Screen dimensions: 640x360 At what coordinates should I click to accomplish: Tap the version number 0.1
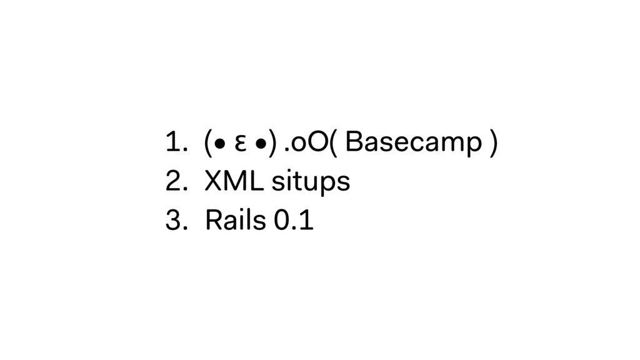coord(293,220)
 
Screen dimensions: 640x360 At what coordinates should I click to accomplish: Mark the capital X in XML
coord(213,182)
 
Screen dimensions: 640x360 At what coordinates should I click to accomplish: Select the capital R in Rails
coord(212,220)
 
